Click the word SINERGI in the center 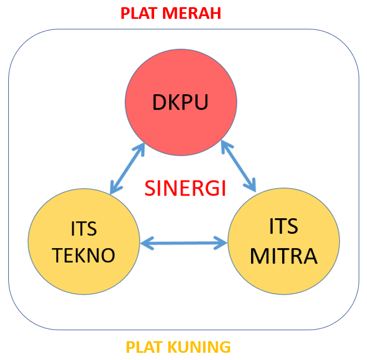[x=185, y=188]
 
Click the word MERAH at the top [x=192, y=13]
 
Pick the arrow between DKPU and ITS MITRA [x=238, y=166]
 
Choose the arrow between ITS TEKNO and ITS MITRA [x=184, y=242]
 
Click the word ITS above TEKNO [x=84, y=229]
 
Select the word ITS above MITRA [x=283, y=227]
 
